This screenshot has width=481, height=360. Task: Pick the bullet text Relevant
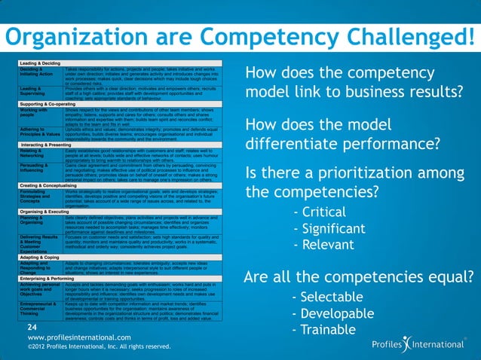(x=328, y=245)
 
